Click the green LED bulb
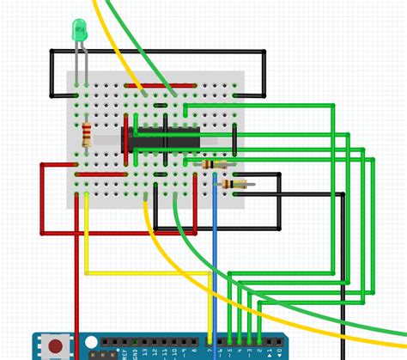tap(79, 32)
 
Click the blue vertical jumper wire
tap(215, 258)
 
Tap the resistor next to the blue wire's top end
tap(214, 164)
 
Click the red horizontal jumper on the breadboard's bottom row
tap(103, 174)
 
